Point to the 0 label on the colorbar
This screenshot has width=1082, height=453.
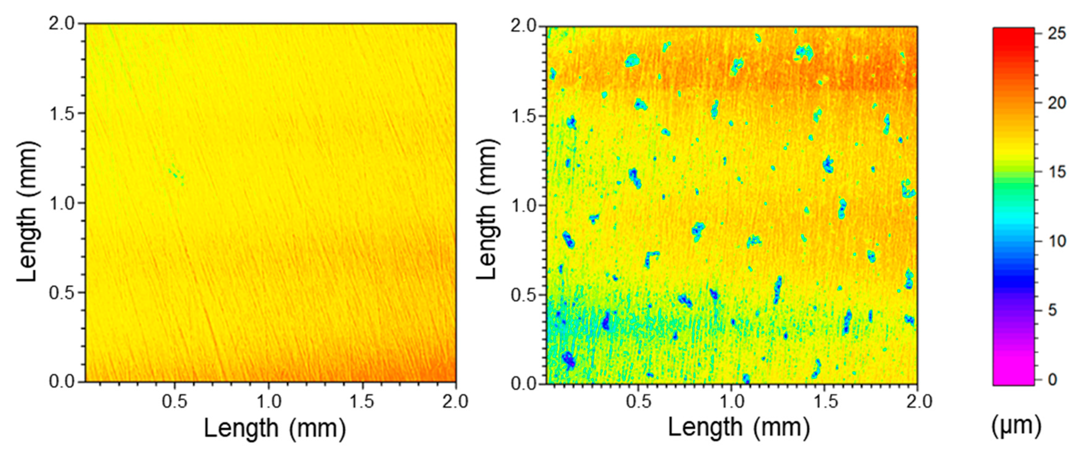pyautogui.click(x=1052, y=379)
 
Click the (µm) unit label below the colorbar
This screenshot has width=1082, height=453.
pyautogui.click(x=1016, y=426)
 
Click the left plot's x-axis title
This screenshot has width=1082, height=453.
pyautogui.click(x=275, y=429)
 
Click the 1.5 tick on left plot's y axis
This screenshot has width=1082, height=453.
pyautogui.click(x=62, y=113)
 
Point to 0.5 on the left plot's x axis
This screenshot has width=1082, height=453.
pyautogui.click(x=175, y=402)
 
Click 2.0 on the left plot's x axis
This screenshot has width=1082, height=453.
pyautogui.click(x=455, y=402)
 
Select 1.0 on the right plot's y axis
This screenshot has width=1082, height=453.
pyautogui.click(x=524, y=206)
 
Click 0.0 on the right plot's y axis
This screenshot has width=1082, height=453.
pyautogui.click(x=524, y=384)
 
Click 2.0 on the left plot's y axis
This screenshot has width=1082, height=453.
pyautogui.click(x=62, y=24)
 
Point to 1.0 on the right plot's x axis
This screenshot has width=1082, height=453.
pyautogui.click(x=732, y=402)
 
